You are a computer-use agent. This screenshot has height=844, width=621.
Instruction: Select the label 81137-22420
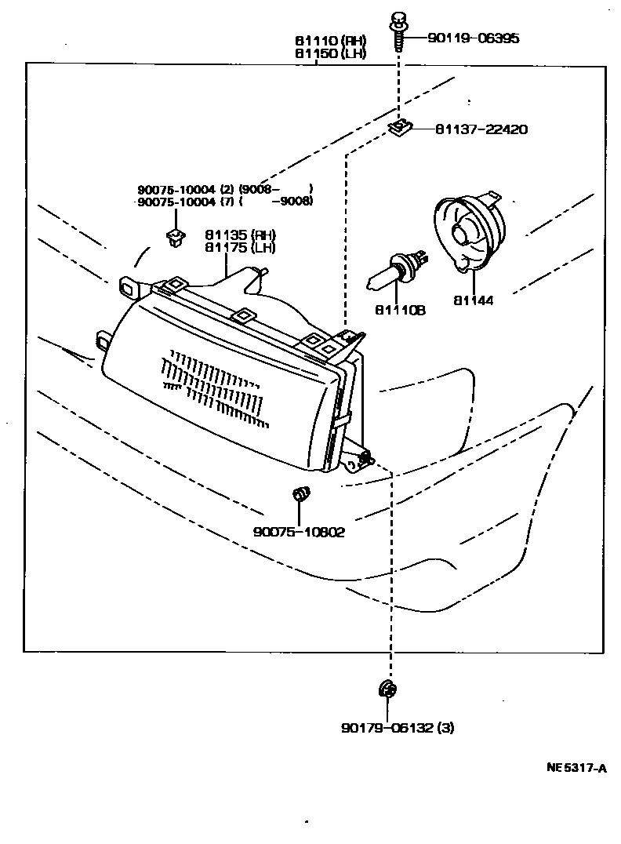[x=481, y=129]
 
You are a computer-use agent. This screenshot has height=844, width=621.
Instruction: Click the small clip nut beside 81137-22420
[x=401, y=126]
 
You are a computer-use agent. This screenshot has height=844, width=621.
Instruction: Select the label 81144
[x=474, y=300]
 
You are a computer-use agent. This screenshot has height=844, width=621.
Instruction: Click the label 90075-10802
[x=299, y=531]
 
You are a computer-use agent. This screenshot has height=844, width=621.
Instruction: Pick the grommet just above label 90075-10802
[x=300, y=495]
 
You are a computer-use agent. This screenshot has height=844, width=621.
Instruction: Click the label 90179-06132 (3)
[x=397, y=728]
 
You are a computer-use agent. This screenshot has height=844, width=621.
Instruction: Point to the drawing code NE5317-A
[x=576, y=768]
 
